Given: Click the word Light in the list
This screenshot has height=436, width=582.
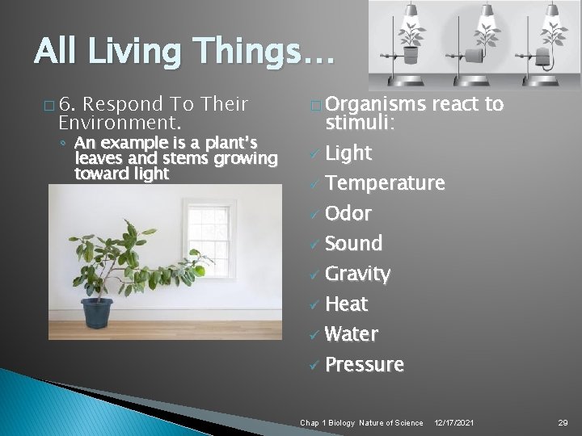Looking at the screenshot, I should [348, 153].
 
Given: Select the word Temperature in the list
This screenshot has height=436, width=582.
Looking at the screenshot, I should [384, 183].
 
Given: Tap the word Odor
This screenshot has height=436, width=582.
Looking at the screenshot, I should [348, 214].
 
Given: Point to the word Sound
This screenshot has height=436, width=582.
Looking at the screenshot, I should [353, 243].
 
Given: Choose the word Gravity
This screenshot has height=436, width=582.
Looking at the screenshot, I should [357, 275].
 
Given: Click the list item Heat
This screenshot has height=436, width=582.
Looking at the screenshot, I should [346, 304].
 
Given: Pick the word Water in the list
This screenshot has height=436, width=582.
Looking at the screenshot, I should [351, 333].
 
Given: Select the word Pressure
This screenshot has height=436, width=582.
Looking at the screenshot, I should [364, 365].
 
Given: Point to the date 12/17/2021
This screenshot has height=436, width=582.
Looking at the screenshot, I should [454, 422].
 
